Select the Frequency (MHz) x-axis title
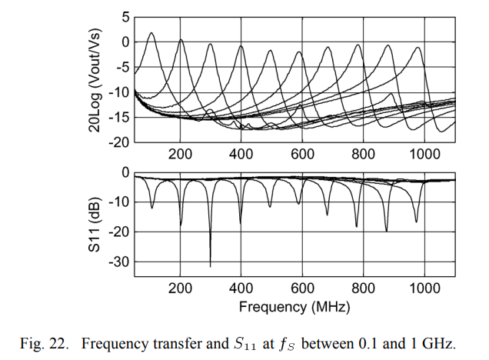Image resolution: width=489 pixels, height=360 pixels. pyautogui.click(x=294, y=307)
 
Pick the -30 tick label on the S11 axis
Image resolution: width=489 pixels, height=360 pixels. pyautogui.click(x=119, y=262)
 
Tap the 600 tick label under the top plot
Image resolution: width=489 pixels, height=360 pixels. pyautogui.click(x=302, y=154)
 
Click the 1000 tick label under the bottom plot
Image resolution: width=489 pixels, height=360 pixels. pyautogui.click(x=424, y=288)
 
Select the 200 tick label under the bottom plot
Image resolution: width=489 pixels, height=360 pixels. pyautogui.click(x=181, y=288)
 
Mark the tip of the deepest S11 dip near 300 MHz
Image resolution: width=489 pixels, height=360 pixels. pyautogui.click(x=211, y=266)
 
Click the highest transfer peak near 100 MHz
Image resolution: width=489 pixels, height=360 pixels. pyautogui.click(x=151, y=33)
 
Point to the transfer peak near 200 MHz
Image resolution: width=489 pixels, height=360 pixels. pyautogui.click(x=181, y=39)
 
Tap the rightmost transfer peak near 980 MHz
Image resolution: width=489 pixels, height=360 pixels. pyautogui.click(x=419, y=48)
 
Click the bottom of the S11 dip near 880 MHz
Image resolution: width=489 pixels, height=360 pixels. pyautogui.click(x=386, y=231)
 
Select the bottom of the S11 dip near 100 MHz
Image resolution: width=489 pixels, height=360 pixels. pyautogui.click(x=151, y=208)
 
